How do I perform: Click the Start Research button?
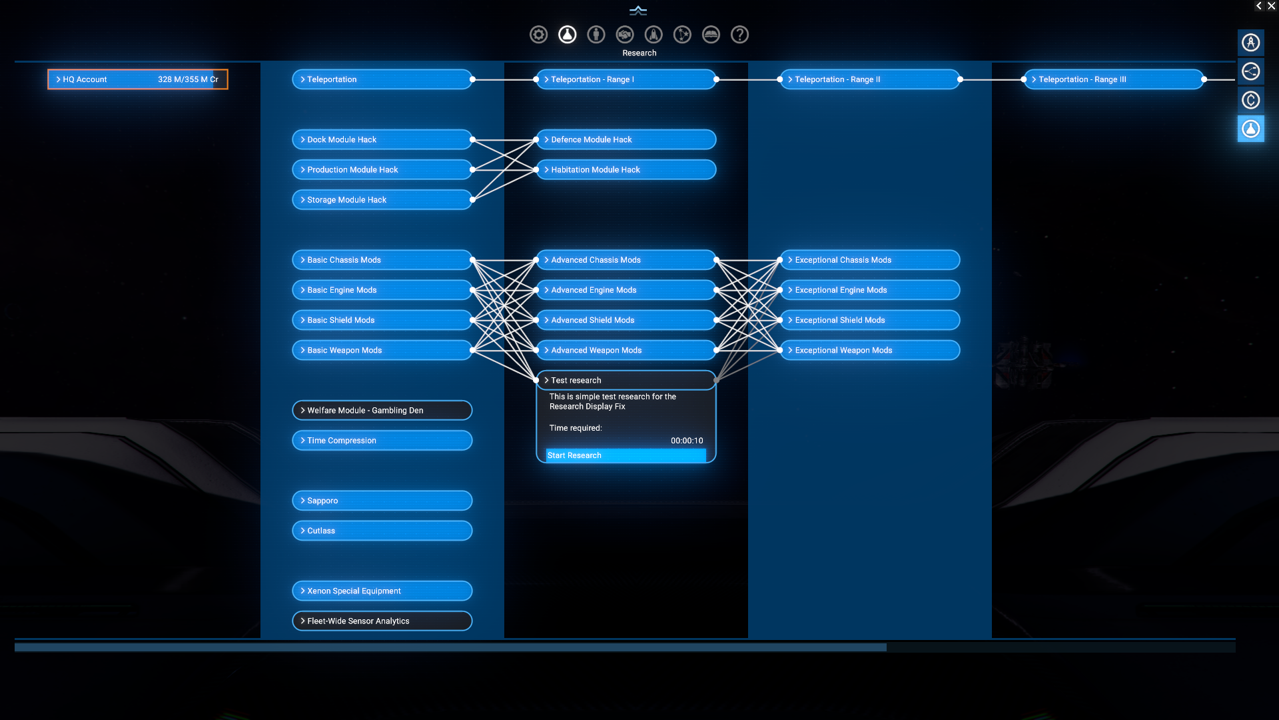coord(626,455)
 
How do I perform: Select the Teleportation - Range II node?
coord(869,79)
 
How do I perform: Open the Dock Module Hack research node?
coord(382,139)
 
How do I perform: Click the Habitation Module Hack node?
coord(626,169)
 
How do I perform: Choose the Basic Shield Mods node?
coord(382,320)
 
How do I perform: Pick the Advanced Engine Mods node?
coord(626,290)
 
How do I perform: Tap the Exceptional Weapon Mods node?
coord(869,350)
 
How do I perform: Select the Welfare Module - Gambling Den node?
coord(382,410)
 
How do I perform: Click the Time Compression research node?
coord(382,440)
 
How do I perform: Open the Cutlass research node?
coord(382,531)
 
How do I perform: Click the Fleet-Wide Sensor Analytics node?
coord(382,621)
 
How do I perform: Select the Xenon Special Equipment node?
coord(382,591)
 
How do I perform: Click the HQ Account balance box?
coord(138,79)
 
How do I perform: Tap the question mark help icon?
coord(739,35)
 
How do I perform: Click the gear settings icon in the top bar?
coord(538,35)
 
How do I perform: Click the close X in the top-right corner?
coord(1271,6)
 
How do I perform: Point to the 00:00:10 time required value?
coord(687,441)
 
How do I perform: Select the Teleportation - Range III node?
coord(1113,79)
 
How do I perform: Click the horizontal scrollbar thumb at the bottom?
coord(450,647)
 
